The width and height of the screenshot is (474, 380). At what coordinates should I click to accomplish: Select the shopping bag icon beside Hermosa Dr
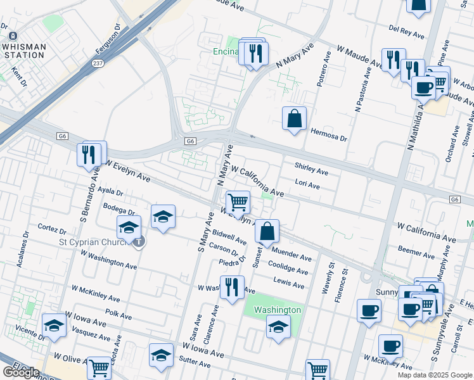click(294, 118)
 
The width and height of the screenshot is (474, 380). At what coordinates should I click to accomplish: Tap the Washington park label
click(277, 310)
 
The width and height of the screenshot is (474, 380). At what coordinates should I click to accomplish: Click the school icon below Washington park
click(278, 327)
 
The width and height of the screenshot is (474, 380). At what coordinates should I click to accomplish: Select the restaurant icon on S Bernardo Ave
click(88, 155)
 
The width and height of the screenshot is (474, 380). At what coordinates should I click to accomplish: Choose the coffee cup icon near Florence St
click(369, 311)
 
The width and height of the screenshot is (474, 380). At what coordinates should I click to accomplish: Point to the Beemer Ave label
click(416, 252)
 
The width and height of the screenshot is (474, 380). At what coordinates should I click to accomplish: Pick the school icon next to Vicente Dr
click(54, 326)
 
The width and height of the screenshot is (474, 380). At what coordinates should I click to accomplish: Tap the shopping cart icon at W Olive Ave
click(98, 367)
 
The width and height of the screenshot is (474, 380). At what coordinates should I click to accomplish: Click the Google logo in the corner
click(21, 372)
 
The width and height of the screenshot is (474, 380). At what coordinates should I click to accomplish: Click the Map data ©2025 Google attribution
click(434, 375)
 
